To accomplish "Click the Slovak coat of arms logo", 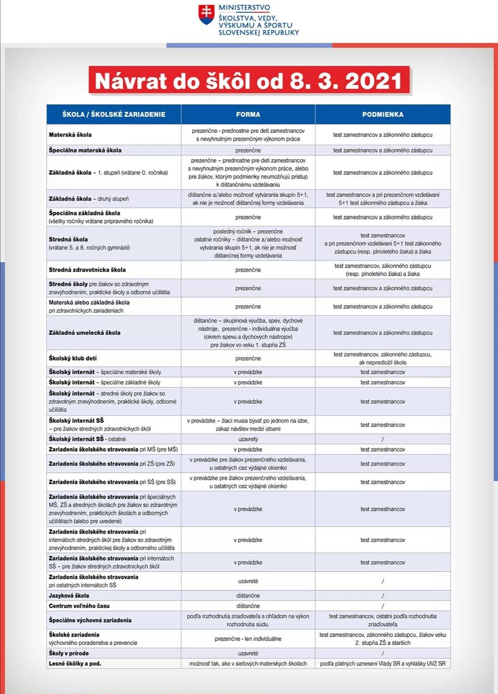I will click(206, 15).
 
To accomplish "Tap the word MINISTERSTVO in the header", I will click(244, 8).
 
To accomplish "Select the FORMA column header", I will click(248, 114).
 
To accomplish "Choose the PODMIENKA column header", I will click(383, 114).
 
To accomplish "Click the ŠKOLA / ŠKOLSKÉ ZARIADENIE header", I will click(114, 114).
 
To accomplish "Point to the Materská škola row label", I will click(71, 135).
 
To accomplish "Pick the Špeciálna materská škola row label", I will click(85, 150).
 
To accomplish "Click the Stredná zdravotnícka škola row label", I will click(87, 270).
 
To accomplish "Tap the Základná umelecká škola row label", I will click(84, 332).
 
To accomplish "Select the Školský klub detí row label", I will click(73, 358).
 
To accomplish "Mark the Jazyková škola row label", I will click(69, 596).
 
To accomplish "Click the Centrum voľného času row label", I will click(79, 606).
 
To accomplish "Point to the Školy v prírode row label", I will click(69, 653).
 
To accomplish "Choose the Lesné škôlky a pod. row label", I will click(75, 664).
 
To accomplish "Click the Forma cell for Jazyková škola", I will click(248, 596).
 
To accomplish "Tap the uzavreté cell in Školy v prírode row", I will click(248, 653).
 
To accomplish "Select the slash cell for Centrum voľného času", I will click(383, 606).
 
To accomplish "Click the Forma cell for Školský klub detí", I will click(248, 358).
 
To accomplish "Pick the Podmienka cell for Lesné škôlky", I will click(383, 664).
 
